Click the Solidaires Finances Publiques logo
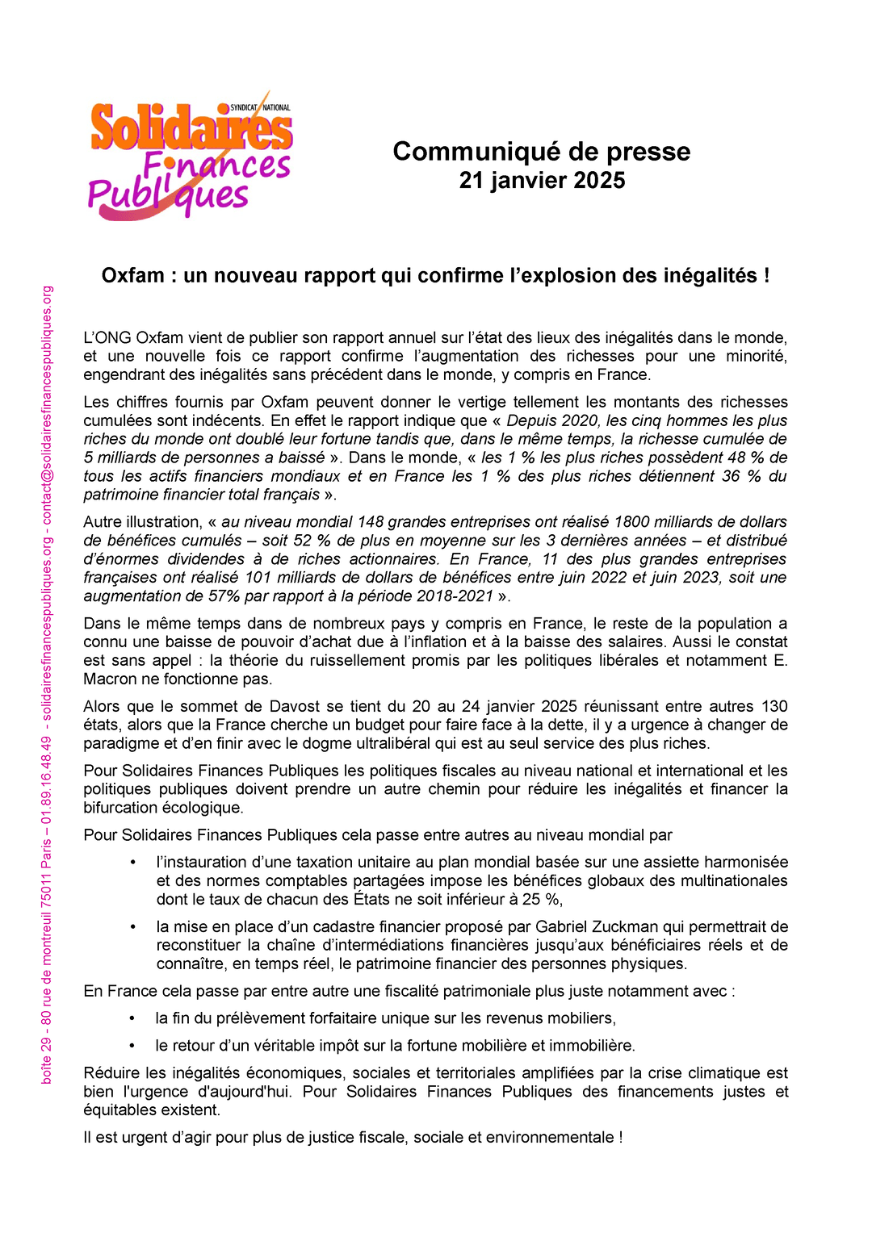(x=191, y=157)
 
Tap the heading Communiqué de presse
(x=541, y=152)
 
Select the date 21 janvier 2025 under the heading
(x=541, y=181)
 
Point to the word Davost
(x=312, y=707)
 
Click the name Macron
(x=111, y=679)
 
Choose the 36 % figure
(x=742, y=476)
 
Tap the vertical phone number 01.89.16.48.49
(x=47, y=775)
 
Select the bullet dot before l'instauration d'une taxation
(x=133, y=863)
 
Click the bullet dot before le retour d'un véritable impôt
(x=132, y=1047)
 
